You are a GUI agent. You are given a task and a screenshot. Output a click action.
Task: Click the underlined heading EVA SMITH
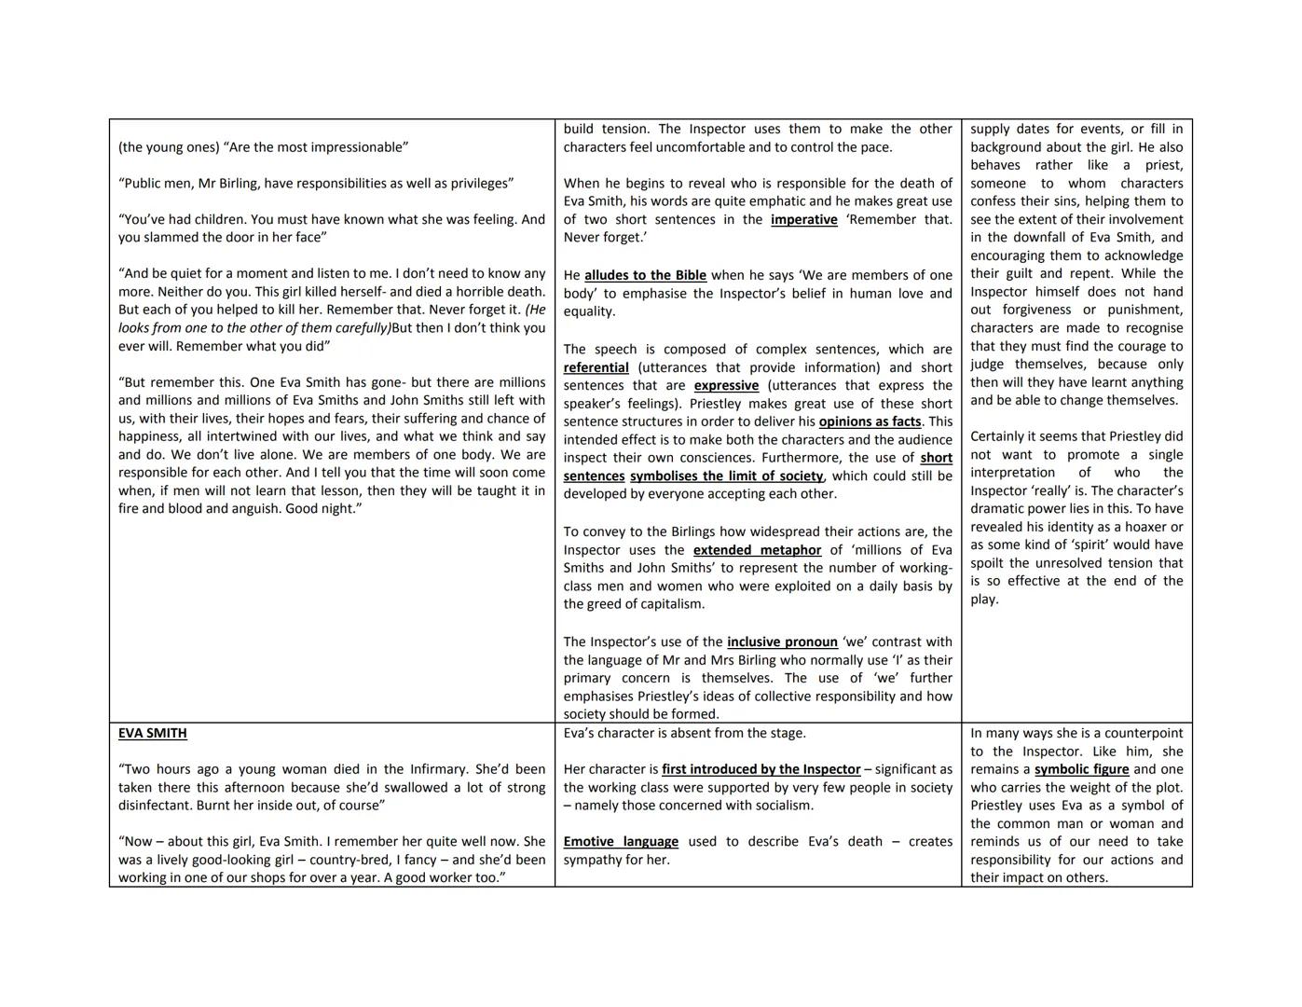click(153, 734)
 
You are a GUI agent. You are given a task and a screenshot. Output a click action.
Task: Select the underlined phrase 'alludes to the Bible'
click(645, 276)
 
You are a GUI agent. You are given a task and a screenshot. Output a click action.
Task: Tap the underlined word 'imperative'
click(803, 220)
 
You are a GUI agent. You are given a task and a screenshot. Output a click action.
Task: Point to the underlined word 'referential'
click(596, 368)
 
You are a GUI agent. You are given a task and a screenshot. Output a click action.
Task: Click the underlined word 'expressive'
click(726, 386)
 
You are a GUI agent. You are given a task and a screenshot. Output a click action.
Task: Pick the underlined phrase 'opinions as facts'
click(870, 422)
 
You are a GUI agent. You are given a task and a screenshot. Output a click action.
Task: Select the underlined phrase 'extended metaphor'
click(757, 551)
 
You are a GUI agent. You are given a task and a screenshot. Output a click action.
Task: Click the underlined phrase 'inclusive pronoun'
click(782, 642)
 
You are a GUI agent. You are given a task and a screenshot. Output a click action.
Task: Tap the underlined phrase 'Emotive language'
click(621, 842)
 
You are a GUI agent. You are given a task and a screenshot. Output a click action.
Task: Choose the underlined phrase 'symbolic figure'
click(1081, 770)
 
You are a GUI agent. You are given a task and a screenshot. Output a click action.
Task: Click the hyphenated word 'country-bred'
click(353, 860)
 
